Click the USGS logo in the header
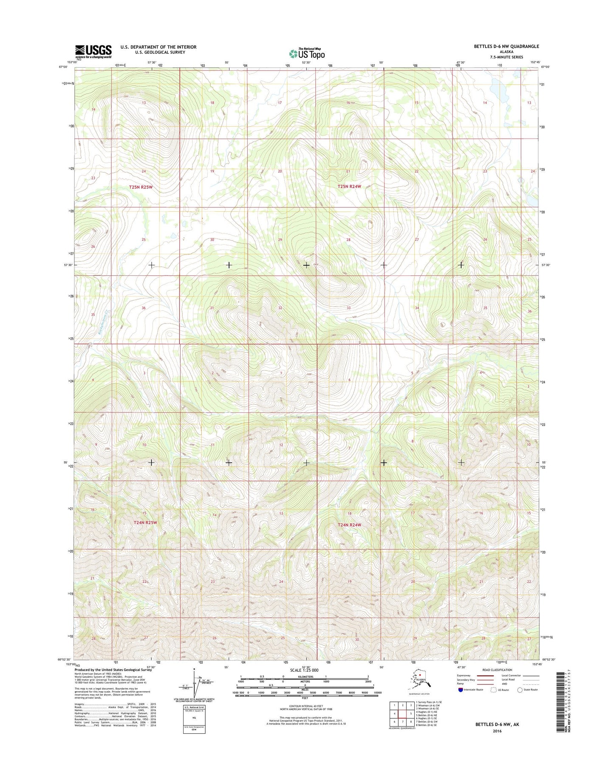pos(93,51)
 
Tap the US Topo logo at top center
pos(307,54)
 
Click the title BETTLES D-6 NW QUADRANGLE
pos(500,46)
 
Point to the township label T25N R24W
pos(349,187)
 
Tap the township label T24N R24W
pos(349,525)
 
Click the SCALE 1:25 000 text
pos(304,670)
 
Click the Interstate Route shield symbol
pos(461,690)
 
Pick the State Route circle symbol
pos(520,690)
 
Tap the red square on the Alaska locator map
pos(420,674)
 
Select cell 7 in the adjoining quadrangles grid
pos(402,721)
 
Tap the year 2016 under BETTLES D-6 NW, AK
pos(497,731)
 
